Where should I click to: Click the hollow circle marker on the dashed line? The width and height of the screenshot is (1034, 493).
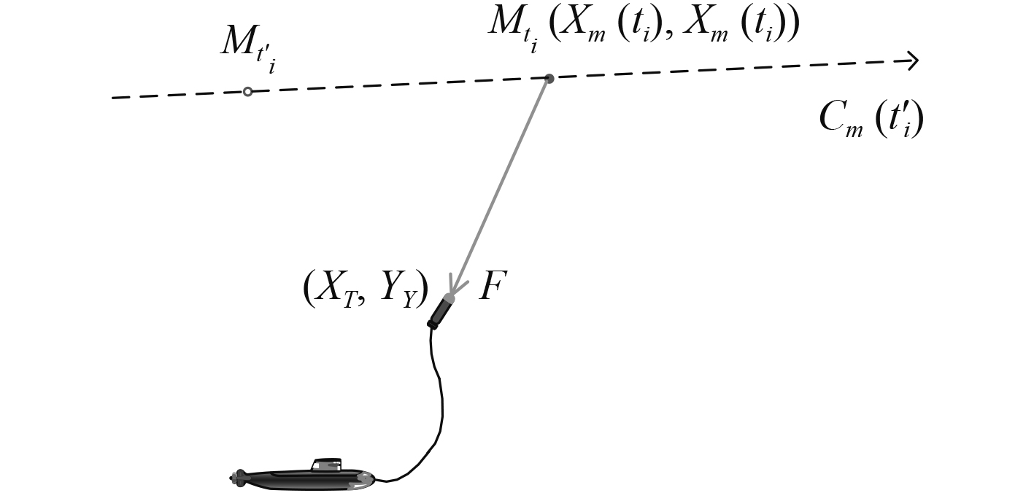[x=248, y=91]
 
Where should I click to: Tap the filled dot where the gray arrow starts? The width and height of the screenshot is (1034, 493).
[x=549, y=78]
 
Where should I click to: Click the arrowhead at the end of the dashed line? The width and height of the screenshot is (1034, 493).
[x=911, y=61]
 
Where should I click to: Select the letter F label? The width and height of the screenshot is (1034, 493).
[x=493, y=287]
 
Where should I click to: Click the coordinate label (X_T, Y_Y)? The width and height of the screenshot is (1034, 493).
[x=365, y=289]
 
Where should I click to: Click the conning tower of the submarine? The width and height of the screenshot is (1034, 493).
[x=326, y=465]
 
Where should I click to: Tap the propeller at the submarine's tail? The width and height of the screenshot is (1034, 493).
[x=236, y=478]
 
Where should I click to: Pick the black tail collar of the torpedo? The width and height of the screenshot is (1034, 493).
[x=433, y=324]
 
